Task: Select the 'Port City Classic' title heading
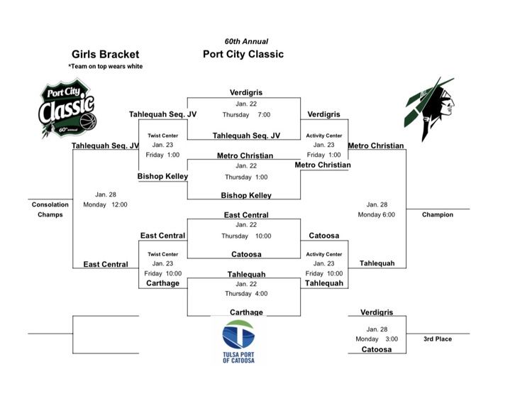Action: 243,54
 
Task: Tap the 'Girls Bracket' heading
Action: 105,54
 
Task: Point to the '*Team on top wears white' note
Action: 105,67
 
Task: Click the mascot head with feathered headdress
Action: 430,108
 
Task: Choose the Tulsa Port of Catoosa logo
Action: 238,341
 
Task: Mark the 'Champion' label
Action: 437,214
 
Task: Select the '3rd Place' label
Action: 437,339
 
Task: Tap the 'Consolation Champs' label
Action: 50,209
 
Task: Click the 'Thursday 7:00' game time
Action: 245,114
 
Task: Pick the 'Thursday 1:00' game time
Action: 245,177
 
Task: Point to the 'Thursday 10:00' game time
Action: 246,236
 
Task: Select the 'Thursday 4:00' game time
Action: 245,293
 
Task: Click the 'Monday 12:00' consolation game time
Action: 105,204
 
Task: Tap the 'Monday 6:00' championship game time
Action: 376,214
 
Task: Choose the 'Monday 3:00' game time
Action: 376,339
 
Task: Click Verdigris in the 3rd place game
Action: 376,312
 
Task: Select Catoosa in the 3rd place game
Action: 376,349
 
